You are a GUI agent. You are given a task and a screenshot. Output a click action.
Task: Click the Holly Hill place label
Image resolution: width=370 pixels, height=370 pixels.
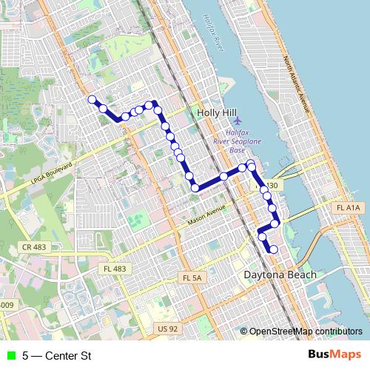tap(215, 112)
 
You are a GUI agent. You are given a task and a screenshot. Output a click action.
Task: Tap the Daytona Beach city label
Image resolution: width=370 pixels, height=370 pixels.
tap(280, 275)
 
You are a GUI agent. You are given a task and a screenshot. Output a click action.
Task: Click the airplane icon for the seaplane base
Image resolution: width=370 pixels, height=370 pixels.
tap(237, 121)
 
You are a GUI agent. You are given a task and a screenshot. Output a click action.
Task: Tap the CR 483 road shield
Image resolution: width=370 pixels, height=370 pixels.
tap(33, 246)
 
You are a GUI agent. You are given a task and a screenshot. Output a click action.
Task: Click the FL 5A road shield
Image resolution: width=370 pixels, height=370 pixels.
tap(191, 277)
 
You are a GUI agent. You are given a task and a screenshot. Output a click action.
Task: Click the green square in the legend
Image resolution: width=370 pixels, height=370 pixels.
tap(10, 356)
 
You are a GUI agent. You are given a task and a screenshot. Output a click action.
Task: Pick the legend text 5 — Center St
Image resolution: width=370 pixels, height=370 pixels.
tap(57, 356)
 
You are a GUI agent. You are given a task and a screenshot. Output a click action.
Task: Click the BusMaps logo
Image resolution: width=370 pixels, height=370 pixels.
tap(334, 355)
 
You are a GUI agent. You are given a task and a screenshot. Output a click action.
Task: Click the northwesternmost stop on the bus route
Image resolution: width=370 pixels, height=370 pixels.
tap(92, 99)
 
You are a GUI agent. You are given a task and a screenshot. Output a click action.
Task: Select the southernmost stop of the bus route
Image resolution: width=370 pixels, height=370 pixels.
tap(274, 249)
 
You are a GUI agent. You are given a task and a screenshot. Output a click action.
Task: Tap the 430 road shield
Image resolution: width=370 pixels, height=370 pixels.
tap(272, 186)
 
